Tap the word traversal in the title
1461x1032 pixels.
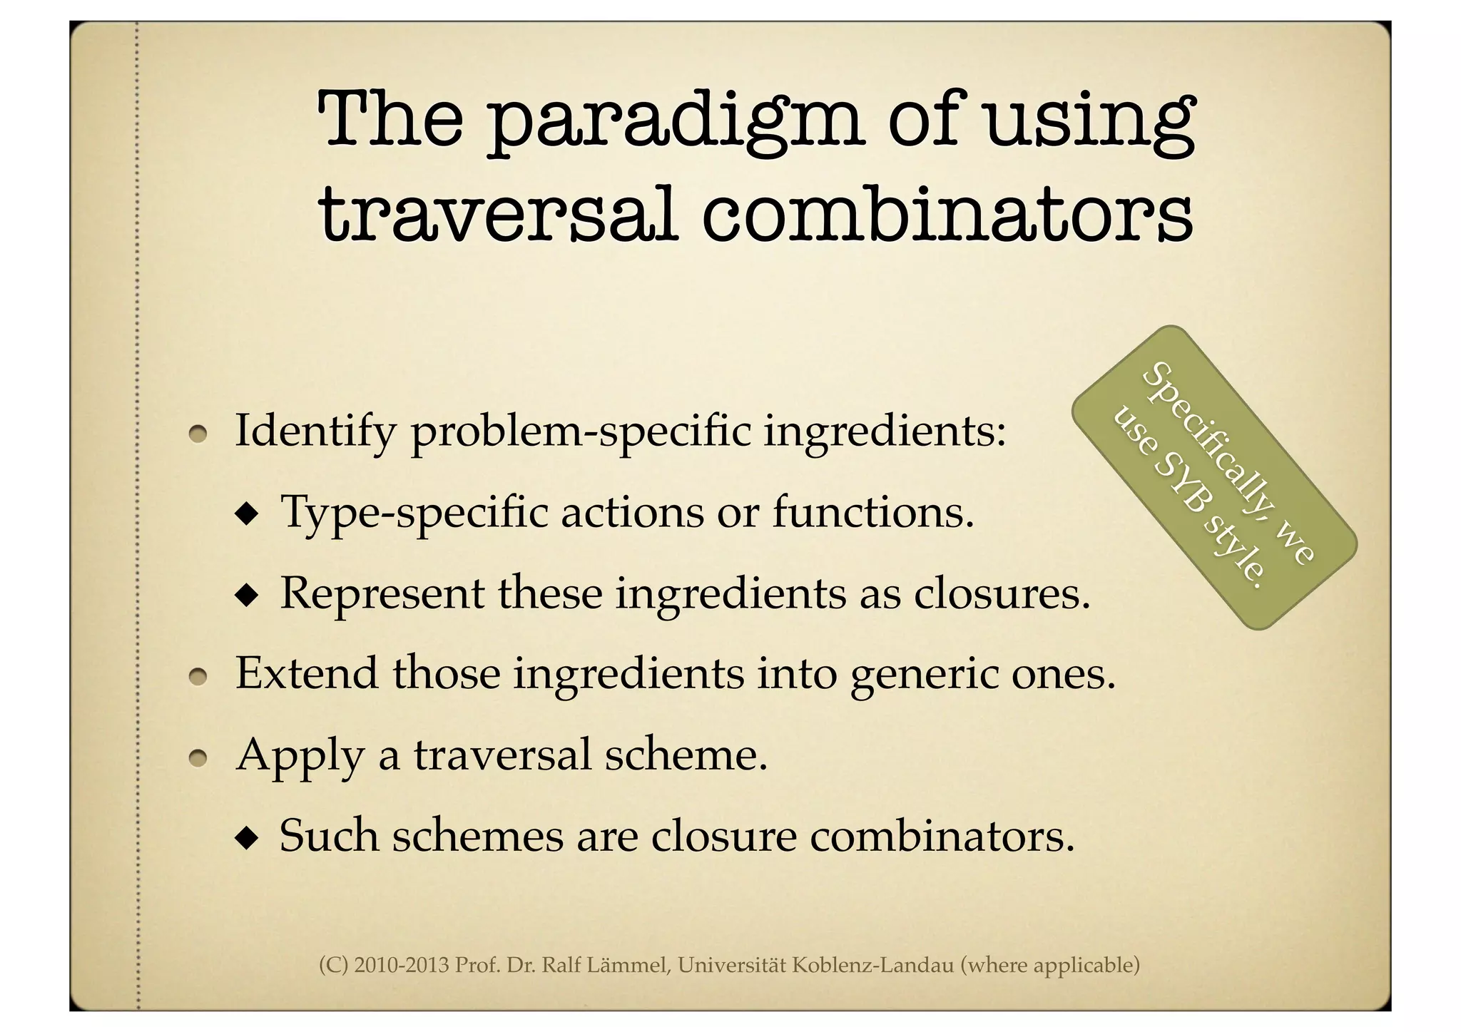[497, 214]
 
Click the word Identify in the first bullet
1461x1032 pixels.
[315, 432]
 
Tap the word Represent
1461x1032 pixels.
[382, 593]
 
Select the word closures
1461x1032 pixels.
[1002, 593]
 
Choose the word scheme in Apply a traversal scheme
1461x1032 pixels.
[686, 754]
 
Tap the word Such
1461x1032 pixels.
[329, 835]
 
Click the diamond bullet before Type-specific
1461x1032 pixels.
[248, 514]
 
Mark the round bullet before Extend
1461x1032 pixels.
[198, 675]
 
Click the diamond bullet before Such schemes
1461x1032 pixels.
[248, 837]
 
